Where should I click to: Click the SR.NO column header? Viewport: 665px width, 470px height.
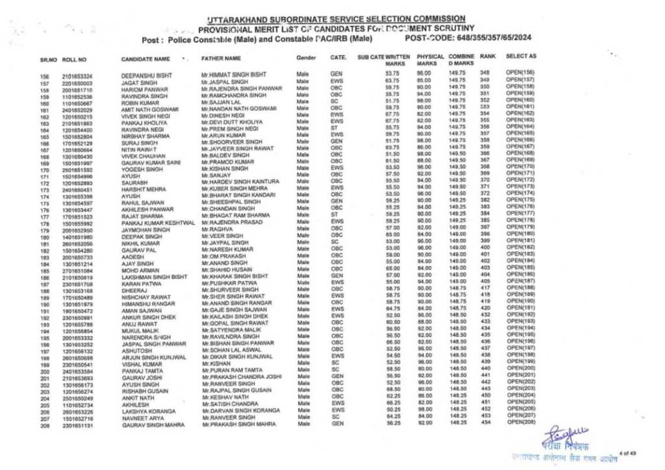coord(49,60)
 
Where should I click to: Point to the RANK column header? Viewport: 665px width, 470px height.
coord(488,56)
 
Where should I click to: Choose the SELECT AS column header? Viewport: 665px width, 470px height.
coord(521,56)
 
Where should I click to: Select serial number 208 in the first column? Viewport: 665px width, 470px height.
coord(45,425)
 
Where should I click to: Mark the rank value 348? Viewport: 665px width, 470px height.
coord(484,72)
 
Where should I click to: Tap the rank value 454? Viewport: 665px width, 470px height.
coord(484,423)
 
